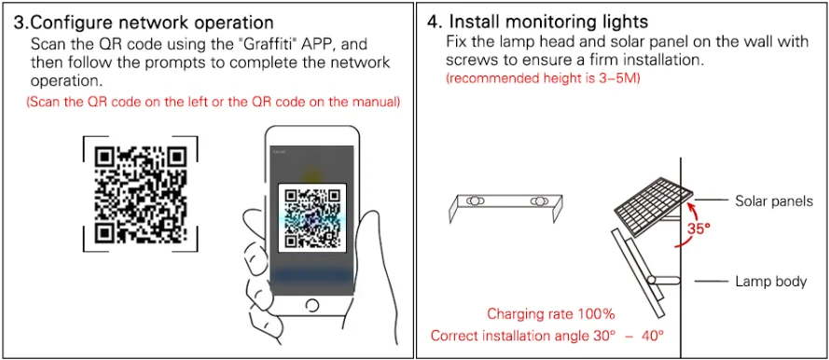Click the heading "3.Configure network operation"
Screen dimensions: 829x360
point(144,22)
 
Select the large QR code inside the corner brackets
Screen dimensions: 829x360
point(141,194)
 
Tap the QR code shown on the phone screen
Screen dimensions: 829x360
point(312,218)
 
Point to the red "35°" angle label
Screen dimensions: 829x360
point(698,228)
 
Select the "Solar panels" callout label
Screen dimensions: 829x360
point(774,201)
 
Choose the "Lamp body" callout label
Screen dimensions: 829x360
point(771,282)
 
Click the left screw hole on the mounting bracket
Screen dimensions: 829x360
point(476,201)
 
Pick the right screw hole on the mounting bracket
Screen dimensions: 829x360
point(539,201)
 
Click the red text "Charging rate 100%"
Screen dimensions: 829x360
point(550,314)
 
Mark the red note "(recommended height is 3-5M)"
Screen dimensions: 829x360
point(543,79)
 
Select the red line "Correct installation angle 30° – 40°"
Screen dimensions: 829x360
point(547,335)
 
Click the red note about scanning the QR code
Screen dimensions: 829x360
point(213,103)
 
